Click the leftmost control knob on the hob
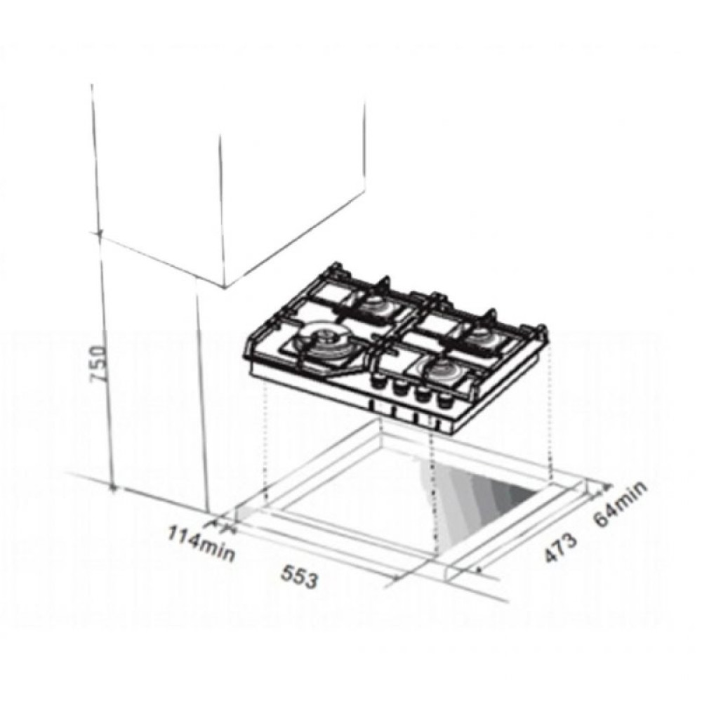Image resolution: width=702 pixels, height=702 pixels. click(x=383, y=382)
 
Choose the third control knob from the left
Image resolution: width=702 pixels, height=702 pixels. click(x=424, y=394)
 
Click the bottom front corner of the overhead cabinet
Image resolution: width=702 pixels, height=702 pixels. click(x=223, y=286)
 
